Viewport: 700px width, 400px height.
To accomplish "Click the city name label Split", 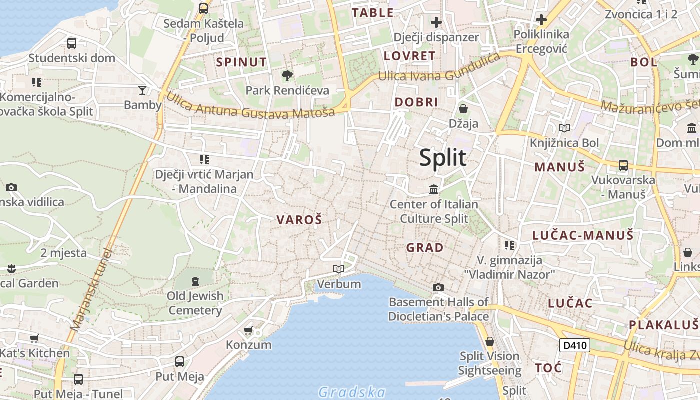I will coord(443,158).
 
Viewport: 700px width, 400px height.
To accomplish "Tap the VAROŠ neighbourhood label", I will coord(299,219).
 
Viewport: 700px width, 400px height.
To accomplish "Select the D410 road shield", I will coord(574,345).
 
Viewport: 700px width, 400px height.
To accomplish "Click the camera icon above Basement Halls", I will coord(438,287).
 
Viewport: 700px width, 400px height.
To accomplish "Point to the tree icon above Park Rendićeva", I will coord(287,76).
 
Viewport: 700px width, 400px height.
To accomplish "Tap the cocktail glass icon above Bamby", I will coord(142,90).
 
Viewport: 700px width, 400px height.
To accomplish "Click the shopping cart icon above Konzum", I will coord(248,331).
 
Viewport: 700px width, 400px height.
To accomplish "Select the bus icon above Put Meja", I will coord(180,362).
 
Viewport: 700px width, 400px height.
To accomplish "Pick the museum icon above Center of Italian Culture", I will coord(434,190).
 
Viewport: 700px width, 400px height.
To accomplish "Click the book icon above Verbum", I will coord(339,269).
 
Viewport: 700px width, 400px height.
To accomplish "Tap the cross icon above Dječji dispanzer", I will coord(436,22).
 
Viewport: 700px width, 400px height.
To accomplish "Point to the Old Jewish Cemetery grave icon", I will coord(195,281).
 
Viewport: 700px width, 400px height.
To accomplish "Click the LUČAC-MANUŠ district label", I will coord(582,235).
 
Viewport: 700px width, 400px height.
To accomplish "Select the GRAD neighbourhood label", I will coord(425,247).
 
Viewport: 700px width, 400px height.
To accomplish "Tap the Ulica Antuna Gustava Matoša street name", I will coord(250,106).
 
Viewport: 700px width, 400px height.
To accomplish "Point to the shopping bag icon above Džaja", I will coord(463,109).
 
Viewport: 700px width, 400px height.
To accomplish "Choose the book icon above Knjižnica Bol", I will coord(564,128).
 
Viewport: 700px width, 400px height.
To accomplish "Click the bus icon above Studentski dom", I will coord(72,43).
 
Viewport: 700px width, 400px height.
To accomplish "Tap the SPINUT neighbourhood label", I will coord(241,62).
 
